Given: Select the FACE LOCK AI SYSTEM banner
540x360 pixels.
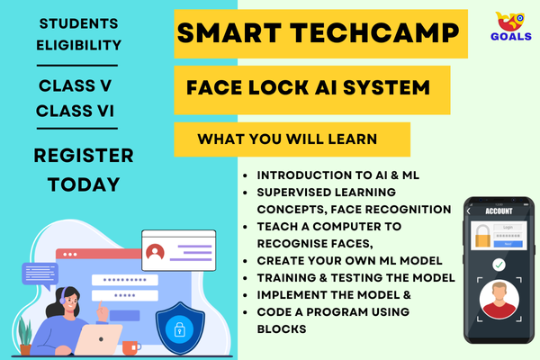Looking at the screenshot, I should click(307, 89).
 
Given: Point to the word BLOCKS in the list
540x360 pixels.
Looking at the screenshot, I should click(283, 328).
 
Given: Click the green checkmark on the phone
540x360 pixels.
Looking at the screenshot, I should click(498, 265).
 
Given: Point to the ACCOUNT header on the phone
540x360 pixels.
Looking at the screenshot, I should click(499, 211).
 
